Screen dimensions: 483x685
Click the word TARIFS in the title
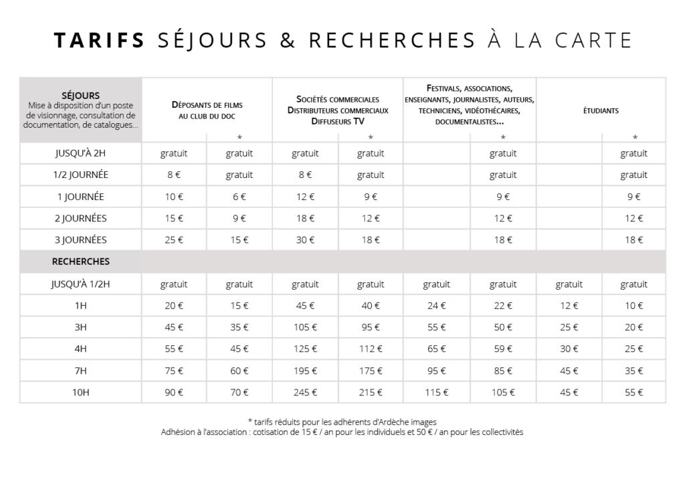pos(99,40)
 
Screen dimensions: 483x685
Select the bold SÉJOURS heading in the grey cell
pos(80,96)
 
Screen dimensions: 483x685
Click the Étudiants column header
pos(601,110)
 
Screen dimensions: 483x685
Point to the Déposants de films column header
pos(207,110)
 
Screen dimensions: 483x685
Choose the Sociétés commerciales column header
pos(338,110)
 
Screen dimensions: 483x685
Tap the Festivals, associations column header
pos(469,105)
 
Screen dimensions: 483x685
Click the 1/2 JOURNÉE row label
pos(81,175)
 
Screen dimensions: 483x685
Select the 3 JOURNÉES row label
pos(81,239)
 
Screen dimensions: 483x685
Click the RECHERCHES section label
pos(81,261)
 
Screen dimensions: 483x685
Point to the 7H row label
pos(81,371)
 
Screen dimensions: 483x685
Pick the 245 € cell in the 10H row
pos(305,392)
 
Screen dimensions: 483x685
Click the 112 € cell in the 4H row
pos(371,349)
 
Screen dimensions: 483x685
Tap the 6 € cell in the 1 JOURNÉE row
pos(239,197)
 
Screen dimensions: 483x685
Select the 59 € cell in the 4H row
pos(502,349)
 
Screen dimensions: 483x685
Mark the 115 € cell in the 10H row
pos(436,392)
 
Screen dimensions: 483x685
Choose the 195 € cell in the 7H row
pos(305,371)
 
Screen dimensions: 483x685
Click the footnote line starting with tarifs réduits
pos(342,421)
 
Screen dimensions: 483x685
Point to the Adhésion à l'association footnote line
pos(342,432)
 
